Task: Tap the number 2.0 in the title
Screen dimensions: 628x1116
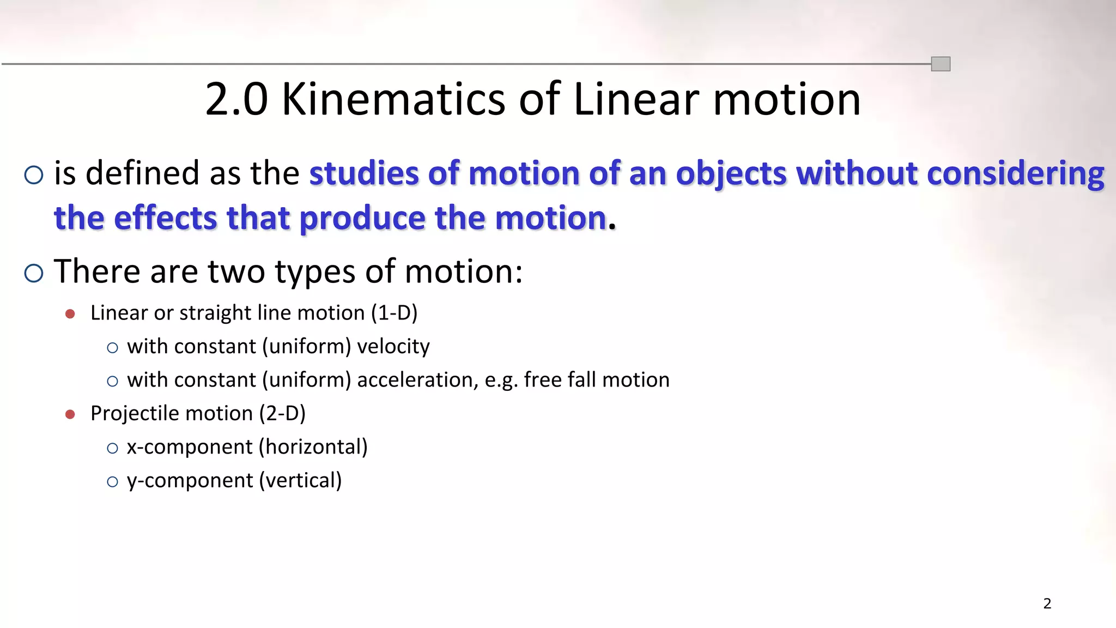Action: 236,99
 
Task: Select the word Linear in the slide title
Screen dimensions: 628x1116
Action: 636,99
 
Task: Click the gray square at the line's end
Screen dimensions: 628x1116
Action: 941,64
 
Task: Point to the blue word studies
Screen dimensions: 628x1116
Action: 364,173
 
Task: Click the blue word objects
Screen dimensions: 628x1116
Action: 731,174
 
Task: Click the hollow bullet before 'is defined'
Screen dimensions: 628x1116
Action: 34,175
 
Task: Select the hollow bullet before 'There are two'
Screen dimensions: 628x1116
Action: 34,273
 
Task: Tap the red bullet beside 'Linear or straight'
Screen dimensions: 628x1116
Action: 70,314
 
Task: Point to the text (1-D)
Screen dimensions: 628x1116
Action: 394,313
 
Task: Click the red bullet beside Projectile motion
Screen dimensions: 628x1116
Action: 70,414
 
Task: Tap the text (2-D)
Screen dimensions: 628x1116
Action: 282,414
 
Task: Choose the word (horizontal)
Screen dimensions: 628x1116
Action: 313,447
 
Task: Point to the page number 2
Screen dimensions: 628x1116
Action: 1047,603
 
